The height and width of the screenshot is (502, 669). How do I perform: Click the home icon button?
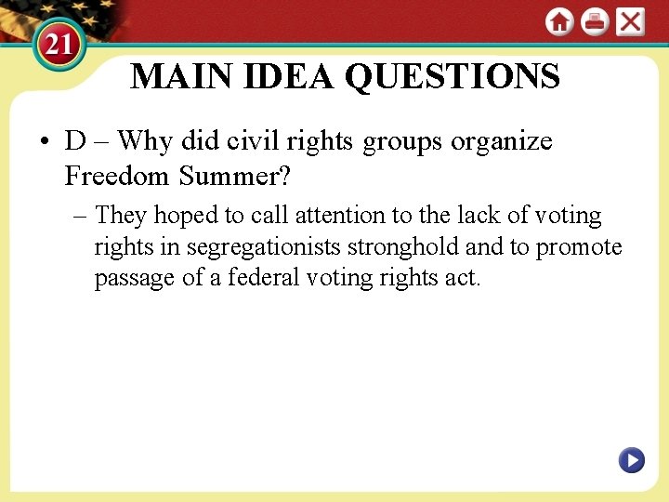point(559,21)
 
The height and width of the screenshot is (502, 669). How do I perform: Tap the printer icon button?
point(595,21)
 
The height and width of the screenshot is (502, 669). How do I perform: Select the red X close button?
point(630,21)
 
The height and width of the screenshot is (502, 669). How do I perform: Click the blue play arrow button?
point(632,459)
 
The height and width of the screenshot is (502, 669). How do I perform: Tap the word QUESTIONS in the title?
point(453,76)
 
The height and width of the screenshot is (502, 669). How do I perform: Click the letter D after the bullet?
point(75,141)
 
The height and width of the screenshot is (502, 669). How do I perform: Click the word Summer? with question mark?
point(235,175)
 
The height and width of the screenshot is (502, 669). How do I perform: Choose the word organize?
point(502,141)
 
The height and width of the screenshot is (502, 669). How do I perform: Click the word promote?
point(579,247)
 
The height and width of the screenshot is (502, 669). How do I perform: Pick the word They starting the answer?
point(121,216)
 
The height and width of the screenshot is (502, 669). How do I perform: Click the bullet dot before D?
point(44,143)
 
